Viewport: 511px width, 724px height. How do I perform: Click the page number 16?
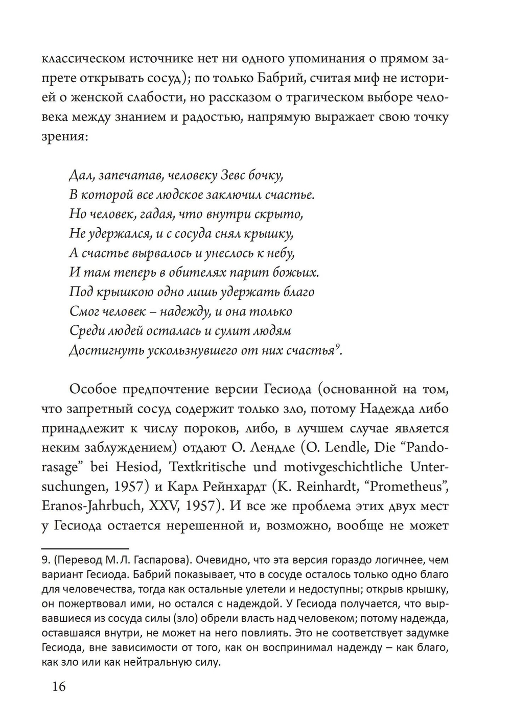coord(59,686)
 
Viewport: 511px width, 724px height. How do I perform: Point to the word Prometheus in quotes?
coord(408,487)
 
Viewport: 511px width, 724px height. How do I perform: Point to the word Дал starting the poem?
coord(80,176)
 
